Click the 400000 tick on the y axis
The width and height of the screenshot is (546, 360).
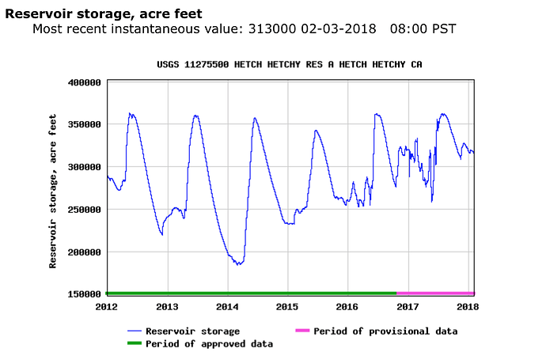tap(84, 82)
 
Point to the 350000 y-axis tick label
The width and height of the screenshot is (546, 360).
tap(84, 125)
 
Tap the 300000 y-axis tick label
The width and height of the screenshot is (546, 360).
tap(84, 167)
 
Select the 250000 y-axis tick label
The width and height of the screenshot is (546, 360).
tap(84, 210)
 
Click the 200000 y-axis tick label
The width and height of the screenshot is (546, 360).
tap(84, 252)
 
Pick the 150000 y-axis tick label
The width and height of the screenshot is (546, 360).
tap(84, 294)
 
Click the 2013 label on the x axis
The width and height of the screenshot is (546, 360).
tap(167, 306)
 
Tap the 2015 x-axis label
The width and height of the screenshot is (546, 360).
tap(287, 306)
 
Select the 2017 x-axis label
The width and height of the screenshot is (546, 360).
tap(408, 306)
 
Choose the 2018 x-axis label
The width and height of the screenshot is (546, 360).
tap(468, 306)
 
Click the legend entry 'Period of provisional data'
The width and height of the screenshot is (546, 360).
tap(385, 331)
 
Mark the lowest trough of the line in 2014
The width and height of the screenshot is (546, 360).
tap(237, 264)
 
